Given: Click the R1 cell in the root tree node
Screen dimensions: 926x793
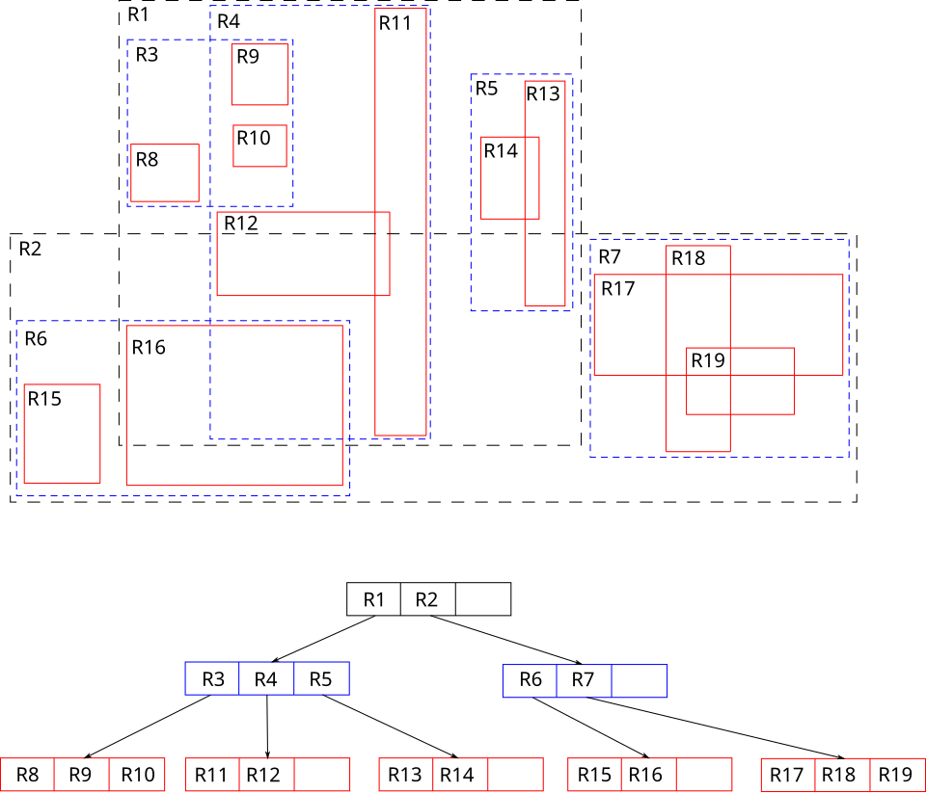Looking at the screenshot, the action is pyautogui.click(x=374, y=599).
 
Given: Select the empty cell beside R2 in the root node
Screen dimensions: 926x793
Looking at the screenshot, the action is pyautogui.click(x=483, y=599).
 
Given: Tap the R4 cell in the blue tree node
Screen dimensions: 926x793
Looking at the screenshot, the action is pyautogui.click(x=266, y=678).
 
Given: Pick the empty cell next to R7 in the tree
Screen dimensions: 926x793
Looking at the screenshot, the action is pyautogui.click(x=640, y=681).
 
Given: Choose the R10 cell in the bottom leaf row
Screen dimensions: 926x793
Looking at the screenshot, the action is pyautogui.click(x=137, y=775).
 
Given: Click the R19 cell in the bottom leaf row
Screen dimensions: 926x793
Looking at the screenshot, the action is pyautogui.click(x=896, y=775).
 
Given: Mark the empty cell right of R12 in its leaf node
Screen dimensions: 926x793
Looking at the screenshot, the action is pyautogui.click(x=322, y=775).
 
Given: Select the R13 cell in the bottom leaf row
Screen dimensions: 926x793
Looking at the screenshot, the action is pyautogui.click(x=406, y=775).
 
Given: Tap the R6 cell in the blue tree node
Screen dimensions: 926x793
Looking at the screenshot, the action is pyautogui.click(x=530, y=681).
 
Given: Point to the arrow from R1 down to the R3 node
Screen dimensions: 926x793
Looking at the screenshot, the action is pyautogui.click(x=324, y=639).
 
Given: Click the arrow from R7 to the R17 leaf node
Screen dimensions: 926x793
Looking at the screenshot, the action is pyautogui.click(x=715, y=728).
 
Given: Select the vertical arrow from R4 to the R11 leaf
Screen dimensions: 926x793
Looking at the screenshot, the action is pyautogui.click(x=267, y=727).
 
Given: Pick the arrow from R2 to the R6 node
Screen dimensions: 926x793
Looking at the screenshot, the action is pyautogui.click(x=506, y=640).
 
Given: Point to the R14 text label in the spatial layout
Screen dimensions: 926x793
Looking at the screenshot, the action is pyautogui.click(x=501, y=151).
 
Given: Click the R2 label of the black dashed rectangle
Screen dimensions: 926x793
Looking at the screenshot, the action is pyautogui.click(x=30, y=249).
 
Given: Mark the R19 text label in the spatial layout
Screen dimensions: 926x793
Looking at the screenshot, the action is pyautogui.click(x=708, y=360).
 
